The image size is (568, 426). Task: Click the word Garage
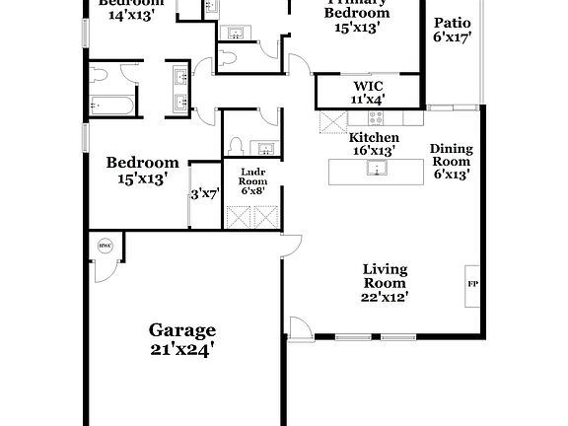point(182,330)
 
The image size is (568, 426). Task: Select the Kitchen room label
point(375,138)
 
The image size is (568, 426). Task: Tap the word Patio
point(452,22)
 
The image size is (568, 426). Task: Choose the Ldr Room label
point(253,176)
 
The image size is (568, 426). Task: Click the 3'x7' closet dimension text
point(204,194)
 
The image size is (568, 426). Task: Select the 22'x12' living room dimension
point(385,296)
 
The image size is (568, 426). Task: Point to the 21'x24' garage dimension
point(182,348)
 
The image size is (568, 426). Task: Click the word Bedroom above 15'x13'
point(143,163)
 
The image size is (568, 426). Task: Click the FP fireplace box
point(472,283)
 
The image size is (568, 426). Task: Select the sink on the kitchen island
point(375,169)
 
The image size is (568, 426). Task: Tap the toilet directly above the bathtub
point(100,77)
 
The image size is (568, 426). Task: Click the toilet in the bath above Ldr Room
point(236,146)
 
